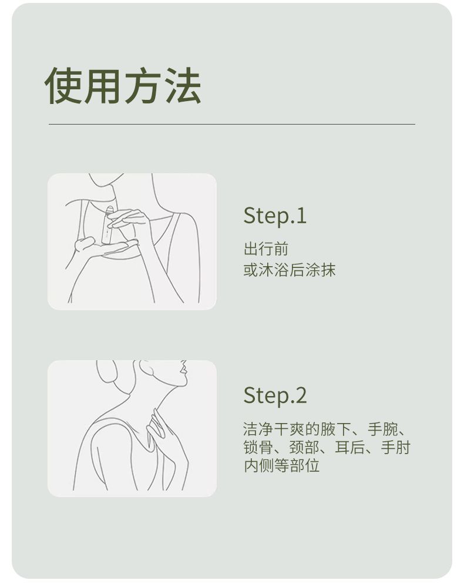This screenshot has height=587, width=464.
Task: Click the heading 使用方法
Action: (x=123, y=86)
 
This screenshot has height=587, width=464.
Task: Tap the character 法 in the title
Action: (x=183, y=86)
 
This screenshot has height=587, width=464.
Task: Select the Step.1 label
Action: (x=275, y=216)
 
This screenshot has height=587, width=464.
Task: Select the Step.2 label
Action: (x=275, y=395)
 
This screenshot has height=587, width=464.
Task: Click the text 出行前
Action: (x=266, y=249)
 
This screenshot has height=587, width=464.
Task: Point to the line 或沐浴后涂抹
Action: (x=289, y=270)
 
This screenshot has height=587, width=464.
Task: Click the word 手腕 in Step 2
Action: (x=383, y=430)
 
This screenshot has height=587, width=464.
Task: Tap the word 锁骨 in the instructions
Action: (x=258, y=448)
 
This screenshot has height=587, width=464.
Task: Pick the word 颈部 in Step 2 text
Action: (x=304, y=448)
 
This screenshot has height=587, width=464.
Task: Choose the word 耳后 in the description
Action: (x=350, y=448)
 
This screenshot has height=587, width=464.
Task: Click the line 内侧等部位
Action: (x=282, y=466)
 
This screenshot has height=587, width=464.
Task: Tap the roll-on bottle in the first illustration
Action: (x=107, y=224)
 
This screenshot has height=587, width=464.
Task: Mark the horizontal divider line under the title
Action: (x=231, y=124)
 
